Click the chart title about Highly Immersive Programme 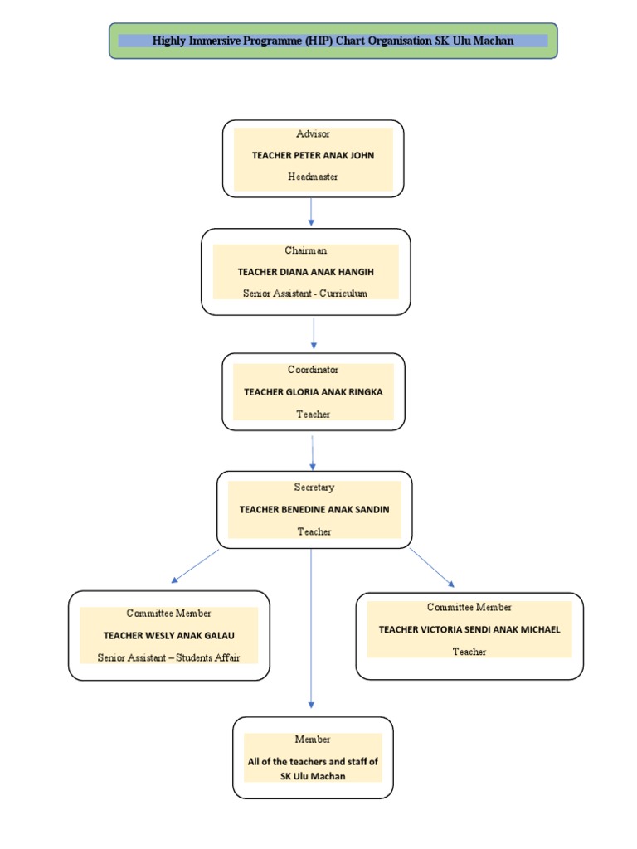click(x=333, y=41)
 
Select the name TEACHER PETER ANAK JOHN click(x=313, y=155)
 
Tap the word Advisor click(x=313, y=133)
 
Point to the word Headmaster click(x=313, y=177)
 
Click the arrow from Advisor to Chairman click(x=311, y=211)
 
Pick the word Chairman click(x=306, y=250)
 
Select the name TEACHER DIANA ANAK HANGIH click(x=305, y=271)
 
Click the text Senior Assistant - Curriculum click(x=305, y=293)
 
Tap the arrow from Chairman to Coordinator click(x=314, y=333)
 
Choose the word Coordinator click(x=313, y=370)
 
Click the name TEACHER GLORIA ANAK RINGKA click(x=313, y=391)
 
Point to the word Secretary click(x=314, y=488)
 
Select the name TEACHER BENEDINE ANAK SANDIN click(x=314, y=509)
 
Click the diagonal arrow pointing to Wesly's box click(x=196, y=565)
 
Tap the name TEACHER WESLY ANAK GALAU click(x=168, y=635)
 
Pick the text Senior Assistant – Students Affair click(x=168, y=657)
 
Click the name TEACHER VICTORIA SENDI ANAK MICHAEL click(x=469, y=629)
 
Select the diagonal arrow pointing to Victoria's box click(x=431, y=567)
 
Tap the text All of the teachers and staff click(x=313, y=761)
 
